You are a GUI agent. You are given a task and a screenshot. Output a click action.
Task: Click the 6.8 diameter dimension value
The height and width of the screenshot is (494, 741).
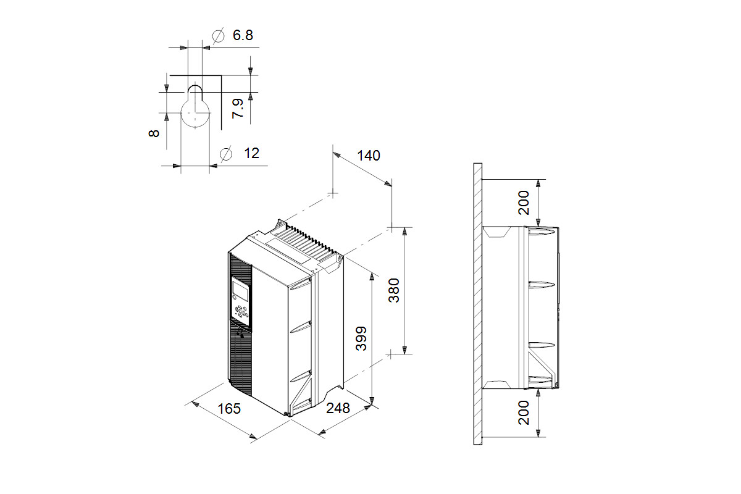243,35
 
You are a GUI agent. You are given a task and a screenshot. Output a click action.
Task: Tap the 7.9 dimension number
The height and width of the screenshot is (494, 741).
238,108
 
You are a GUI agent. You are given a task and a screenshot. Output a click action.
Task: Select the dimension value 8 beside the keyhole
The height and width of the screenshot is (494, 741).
154,133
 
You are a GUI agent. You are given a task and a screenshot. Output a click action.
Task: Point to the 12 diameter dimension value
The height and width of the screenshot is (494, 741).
251,153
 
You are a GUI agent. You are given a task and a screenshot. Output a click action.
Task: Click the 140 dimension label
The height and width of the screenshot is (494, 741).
369,156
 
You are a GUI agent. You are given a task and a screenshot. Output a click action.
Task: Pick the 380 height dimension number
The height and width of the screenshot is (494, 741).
394,290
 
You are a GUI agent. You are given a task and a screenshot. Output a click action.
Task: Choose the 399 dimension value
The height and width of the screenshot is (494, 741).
361,338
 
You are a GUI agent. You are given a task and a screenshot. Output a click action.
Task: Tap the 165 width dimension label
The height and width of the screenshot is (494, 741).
229,409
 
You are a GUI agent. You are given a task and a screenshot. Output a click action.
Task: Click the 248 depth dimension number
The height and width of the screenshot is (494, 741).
338,408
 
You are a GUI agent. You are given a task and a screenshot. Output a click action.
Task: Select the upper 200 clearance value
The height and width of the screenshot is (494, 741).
524,203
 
